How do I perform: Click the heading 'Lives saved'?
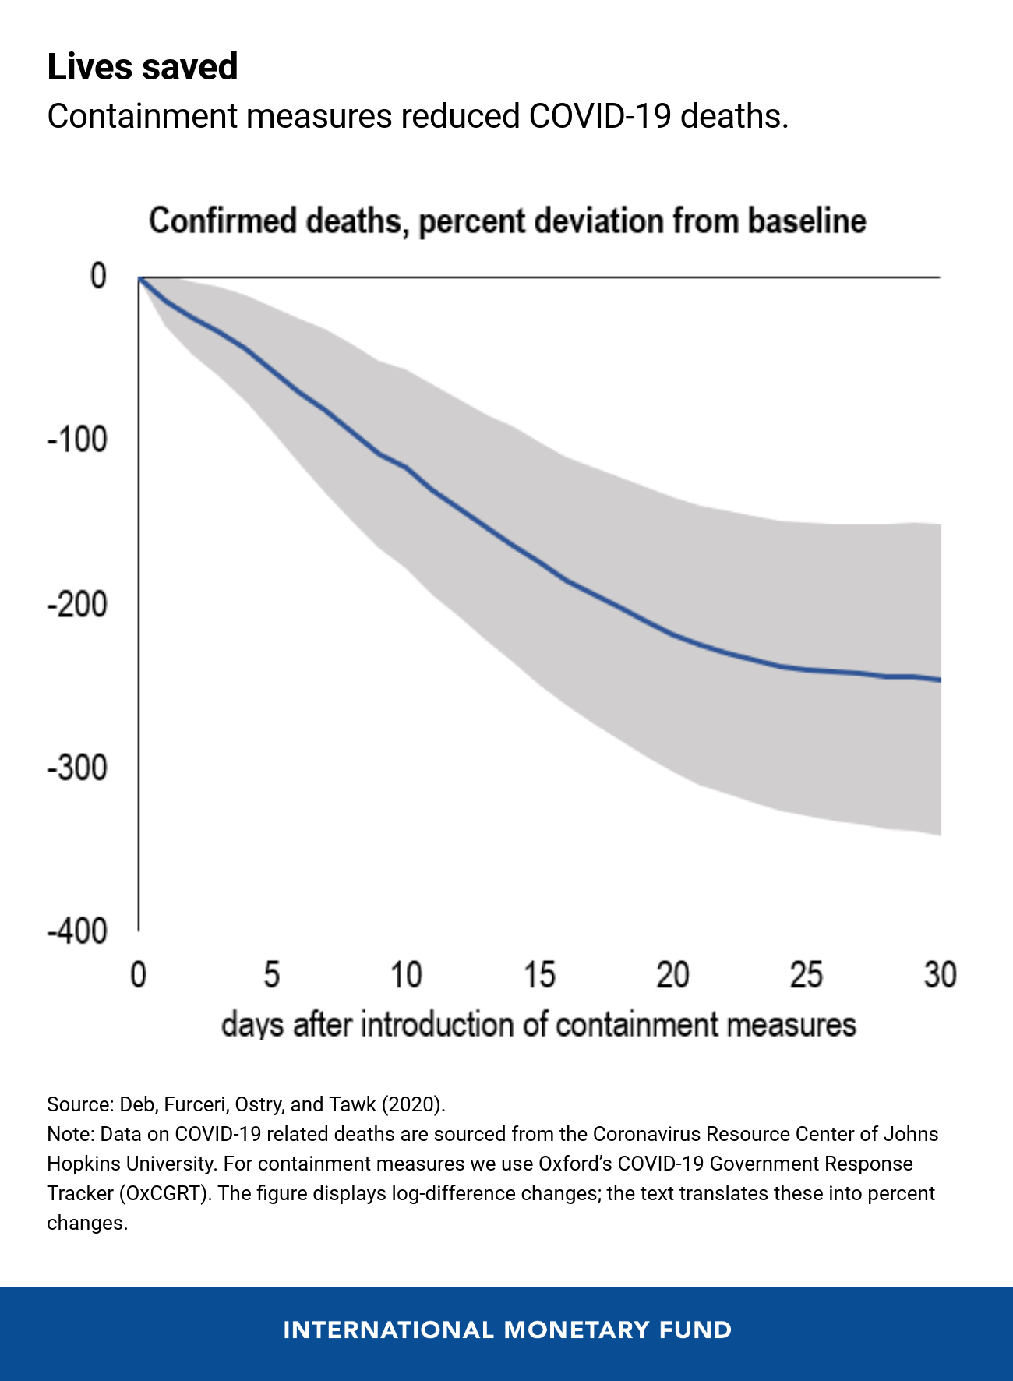pos(142,67)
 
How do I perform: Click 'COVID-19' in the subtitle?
pos(599,117)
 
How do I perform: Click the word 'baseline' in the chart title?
pos(807,221)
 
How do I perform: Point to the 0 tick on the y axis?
pos(98,276)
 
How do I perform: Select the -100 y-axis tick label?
pos(77,440)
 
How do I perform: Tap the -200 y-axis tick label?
pos(77,605)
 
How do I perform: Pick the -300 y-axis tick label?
pos(77,768)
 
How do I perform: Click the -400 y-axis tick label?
pos(77,932)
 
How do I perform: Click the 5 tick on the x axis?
pos(271,975)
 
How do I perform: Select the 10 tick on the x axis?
pos(405,975)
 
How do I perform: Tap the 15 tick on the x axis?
pos(539,975)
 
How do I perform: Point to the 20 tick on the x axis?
pos(672,975)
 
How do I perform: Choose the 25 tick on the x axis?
pos(807,975)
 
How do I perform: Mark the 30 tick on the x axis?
pos(940,975)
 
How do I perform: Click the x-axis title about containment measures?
pos(538,1025)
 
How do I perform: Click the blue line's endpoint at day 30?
pos(940,680)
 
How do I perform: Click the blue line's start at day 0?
pos(139,277)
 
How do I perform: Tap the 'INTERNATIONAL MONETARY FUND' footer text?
pos(507,1330)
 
